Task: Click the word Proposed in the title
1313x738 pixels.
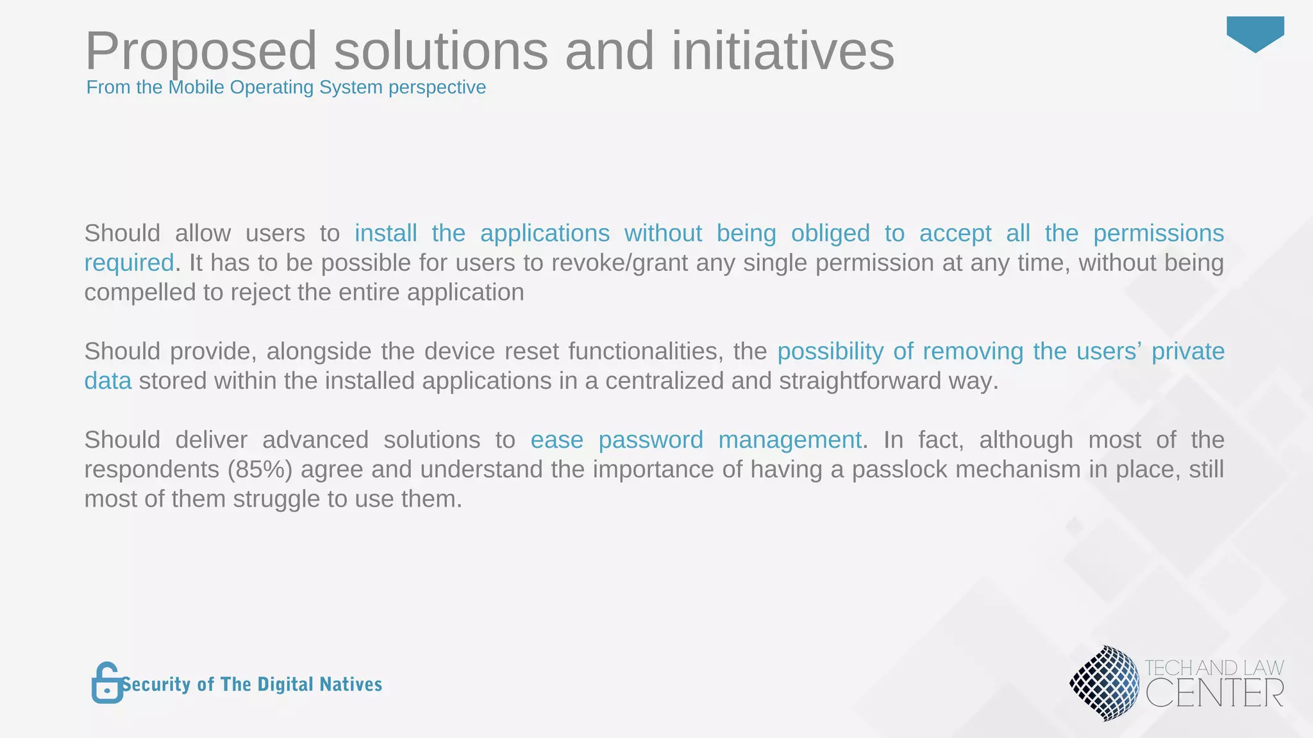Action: [x=201, y=51]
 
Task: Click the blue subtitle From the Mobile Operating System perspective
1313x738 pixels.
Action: [x=286, y=87]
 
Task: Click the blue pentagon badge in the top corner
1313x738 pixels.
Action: [x=1255, y=33]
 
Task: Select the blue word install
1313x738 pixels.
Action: [x=385, y=233]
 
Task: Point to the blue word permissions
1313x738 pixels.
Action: [x=1158, y=233]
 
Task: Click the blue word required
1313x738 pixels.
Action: [x=129, y=263]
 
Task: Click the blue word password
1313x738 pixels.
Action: [x=650, y=440]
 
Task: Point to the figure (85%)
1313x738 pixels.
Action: [x=260, y=470]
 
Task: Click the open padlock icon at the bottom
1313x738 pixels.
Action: [x=106, y=684]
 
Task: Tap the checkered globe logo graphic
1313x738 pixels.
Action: [x=1105, y=684]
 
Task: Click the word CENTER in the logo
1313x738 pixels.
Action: [x=1214, y=693]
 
